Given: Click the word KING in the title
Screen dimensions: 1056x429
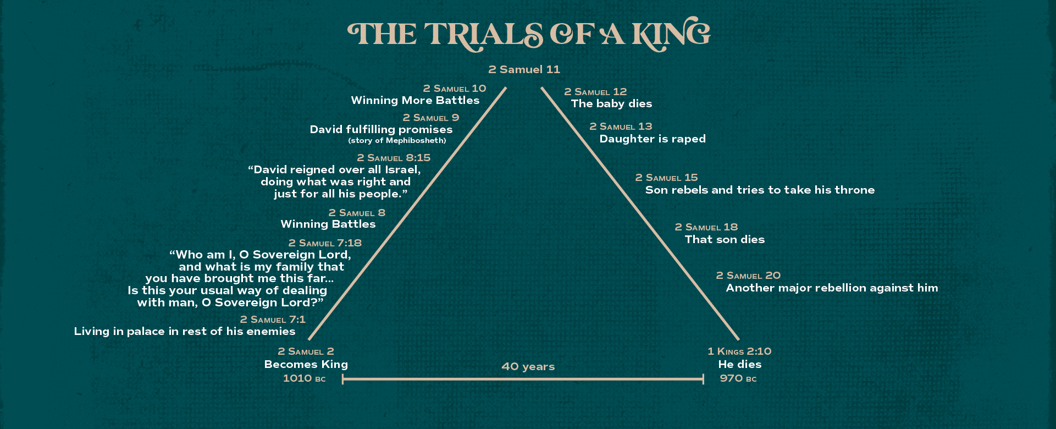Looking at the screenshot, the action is coord(671,34).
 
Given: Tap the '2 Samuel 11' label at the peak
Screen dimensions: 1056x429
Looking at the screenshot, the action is coord(524,70).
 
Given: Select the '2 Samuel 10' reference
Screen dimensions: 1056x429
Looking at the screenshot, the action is coord(454,89).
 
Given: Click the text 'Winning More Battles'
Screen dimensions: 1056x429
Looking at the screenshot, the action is coord(415,101).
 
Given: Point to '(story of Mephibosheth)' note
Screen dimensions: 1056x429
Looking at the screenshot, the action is coord(397,141).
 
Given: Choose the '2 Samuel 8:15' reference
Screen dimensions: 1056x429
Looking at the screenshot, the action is coord(394,158).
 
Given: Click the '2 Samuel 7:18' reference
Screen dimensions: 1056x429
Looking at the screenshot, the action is coord(325,243).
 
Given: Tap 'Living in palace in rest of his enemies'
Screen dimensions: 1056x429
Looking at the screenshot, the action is coord(185,332).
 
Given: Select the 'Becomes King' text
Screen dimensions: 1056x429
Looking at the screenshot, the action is coord(306,364).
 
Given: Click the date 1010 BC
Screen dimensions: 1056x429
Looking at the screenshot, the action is coord(304,378).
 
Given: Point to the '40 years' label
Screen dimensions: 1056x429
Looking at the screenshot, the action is coord(528,367).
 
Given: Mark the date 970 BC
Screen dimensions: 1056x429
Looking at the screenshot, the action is coord(738,378).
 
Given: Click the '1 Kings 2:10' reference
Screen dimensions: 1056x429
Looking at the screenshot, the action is coord(739,351).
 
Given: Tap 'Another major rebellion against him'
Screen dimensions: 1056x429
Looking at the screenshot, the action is coord(832,288).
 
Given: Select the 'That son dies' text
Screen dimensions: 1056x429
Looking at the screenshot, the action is coord(725,240).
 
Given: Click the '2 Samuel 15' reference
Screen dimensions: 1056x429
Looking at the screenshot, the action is coord(666,178).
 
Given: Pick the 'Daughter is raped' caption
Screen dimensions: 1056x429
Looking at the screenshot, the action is coord(653,139).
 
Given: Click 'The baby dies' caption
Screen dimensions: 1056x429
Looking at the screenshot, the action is coord(611,104).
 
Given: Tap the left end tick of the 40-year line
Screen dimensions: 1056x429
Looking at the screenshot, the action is coord(342,379).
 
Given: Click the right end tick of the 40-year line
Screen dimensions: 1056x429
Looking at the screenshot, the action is coord(703,379).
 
